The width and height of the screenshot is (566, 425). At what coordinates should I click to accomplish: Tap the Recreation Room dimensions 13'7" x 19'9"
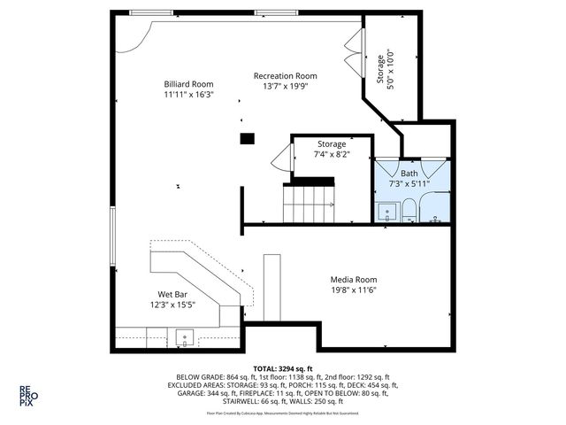click(285, 87)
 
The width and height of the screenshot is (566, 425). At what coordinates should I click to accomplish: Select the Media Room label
click(354, 279)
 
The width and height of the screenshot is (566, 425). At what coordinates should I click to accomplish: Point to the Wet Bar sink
click(186, 336)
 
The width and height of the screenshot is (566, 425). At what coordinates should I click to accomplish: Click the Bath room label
click(409, 174)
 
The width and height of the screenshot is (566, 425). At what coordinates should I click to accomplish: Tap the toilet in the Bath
click(409, 211)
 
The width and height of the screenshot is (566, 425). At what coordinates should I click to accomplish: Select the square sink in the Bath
click(386, 212)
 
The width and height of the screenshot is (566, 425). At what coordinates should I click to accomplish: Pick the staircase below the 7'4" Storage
click(310, 203)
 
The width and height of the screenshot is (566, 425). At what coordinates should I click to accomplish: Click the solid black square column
click(248, 138)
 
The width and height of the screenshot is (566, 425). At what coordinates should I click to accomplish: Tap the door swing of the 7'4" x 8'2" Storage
click(282, 159)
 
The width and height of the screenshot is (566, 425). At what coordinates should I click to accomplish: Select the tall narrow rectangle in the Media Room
click(272, 288)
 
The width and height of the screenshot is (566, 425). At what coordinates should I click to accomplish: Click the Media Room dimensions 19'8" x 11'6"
click(354, 290)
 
